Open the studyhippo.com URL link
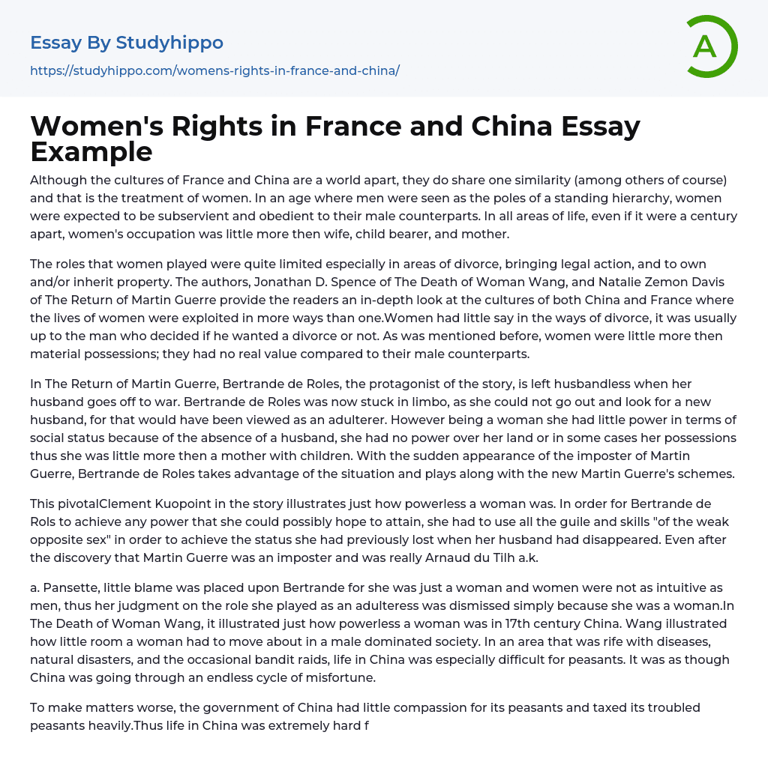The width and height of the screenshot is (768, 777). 214,70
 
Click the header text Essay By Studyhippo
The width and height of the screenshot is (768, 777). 127,43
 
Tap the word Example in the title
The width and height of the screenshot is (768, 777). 91,151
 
